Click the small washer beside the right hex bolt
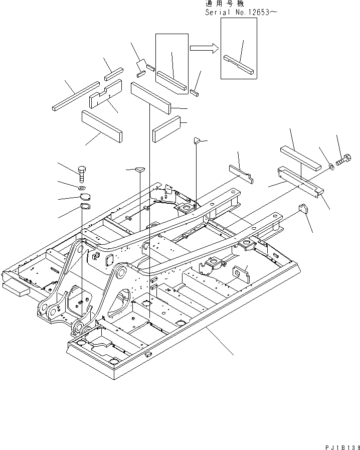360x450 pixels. click(x=331, y=166)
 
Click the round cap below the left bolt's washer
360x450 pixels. click(x=85, y=196)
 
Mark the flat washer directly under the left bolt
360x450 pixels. click(x=83, y=187)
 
